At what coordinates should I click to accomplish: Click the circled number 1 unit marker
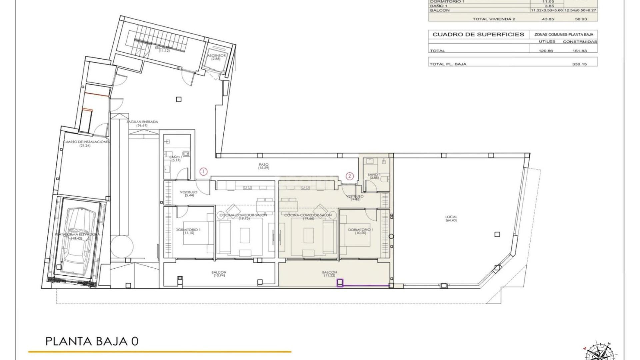pyautogui.click(x=203, y=172)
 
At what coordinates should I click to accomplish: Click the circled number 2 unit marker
pyautogui.click(x=349, y=176)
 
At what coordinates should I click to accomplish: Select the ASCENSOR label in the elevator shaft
pyautogui.click(x=216, y=57)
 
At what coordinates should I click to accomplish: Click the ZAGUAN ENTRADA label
pyautogui.click(x=142, y=123)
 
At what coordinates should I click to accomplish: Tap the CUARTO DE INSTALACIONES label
pyautogui.click(x=86, y=143)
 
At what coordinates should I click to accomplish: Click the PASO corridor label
pyautogui.click(x=263, y=166)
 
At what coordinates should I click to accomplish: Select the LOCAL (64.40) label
pyautogui.click(x=451, y=218)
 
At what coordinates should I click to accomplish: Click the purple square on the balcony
pyautogui.click(x=340, y=283)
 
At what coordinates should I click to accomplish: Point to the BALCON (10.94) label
pyautogui.click(x=219, y=274)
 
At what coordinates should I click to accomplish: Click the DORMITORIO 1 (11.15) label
pyautogui.click(x=188, y=231)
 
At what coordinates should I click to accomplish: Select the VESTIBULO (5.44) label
pyautogui.click(x=189, y=193)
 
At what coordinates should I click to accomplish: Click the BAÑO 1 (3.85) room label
pyautogui.click(x=373, y=176)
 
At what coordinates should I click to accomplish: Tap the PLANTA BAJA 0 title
pyautogui.click(x=92, y=342)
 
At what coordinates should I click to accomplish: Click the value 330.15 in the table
pyautogui.click(x=579, y=64)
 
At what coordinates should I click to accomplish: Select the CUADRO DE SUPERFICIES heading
pyautogui.click(x=478, y=34)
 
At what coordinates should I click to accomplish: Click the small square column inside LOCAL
pyautogui.click(x=497, y=234)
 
